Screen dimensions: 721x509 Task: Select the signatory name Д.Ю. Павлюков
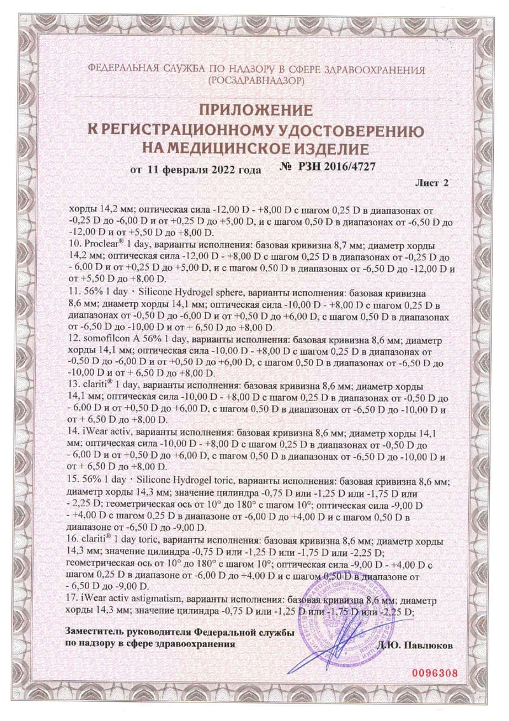(417, 645)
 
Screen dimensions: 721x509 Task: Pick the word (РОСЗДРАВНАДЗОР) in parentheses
(255, 82)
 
